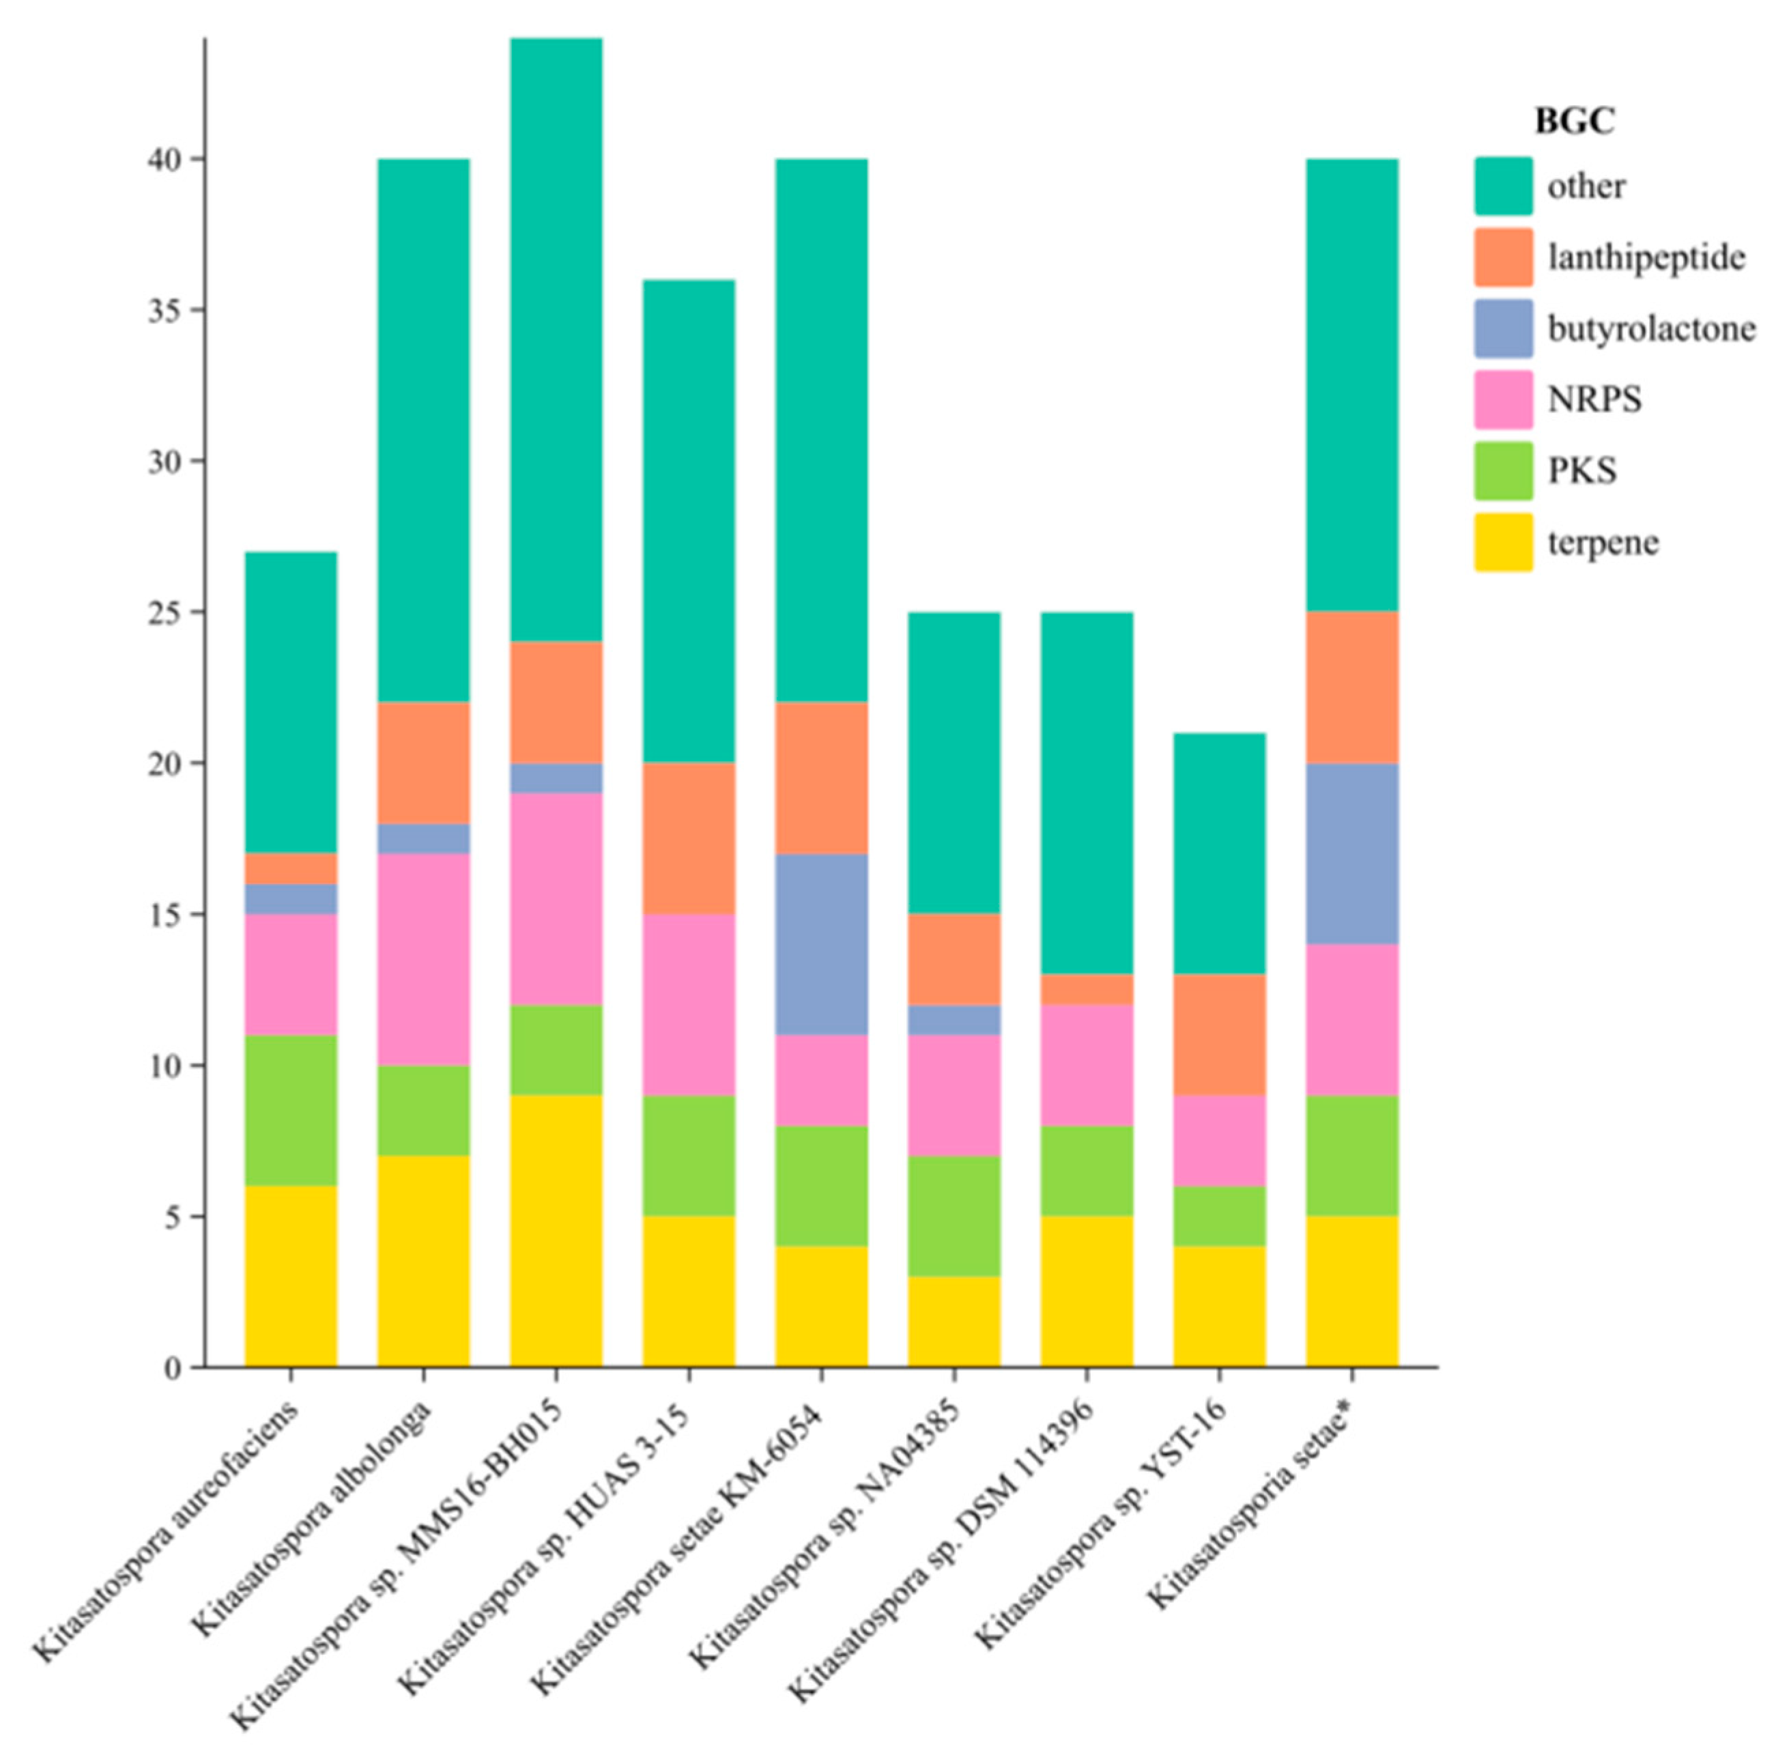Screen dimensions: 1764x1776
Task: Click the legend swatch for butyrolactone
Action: point(1503,328)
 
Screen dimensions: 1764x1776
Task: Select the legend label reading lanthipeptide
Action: point(1646,257)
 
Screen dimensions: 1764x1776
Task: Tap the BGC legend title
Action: point(1574,120)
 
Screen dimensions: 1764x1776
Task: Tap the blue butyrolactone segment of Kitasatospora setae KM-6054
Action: point(821,944)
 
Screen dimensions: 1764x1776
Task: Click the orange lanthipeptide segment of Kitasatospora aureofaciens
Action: point(291,868)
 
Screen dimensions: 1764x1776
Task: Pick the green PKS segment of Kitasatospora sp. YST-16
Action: point(1219,1215)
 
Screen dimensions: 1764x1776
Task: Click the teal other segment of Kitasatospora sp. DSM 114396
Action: point(1087,793)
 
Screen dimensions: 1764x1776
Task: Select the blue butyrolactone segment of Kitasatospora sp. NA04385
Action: point(954,1019)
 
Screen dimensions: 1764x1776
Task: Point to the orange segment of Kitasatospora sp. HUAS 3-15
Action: point(689,838)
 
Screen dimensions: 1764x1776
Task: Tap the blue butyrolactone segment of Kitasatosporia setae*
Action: point(1351,853)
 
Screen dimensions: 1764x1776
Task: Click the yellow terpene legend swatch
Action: point(1503,542)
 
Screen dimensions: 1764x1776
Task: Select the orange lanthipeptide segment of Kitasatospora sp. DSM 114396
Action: point(1087,989)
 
